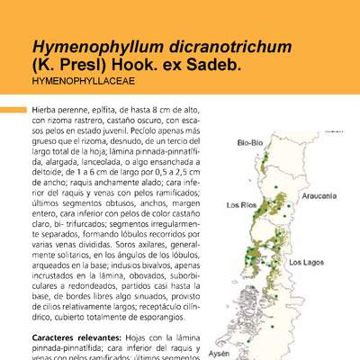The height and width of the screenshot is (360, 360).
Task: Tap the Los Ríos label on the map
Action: pyautogui.click(x=242, y=203)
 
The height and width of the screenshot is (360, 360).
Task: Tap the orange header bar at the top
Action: pyautogui.click(x=180, y=8)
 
